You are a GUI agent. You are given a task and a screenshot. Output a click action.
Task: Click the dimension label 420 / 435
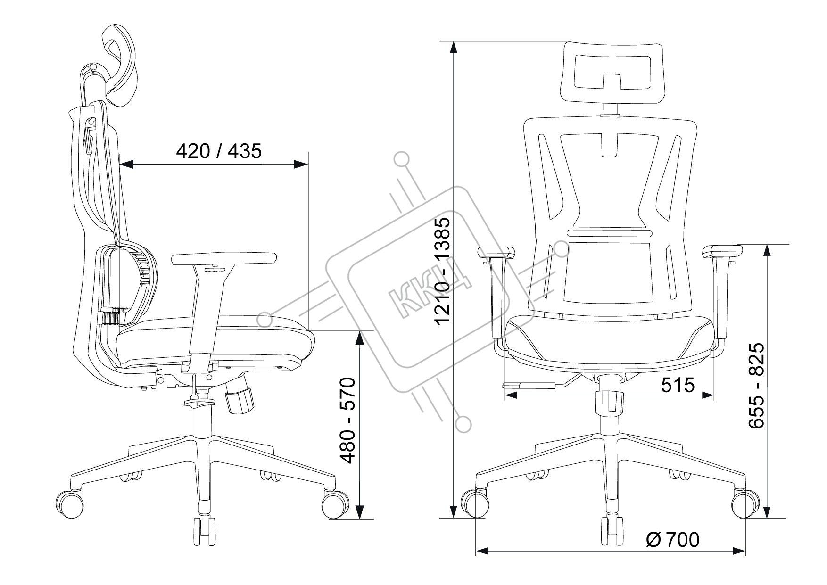pos(218,151)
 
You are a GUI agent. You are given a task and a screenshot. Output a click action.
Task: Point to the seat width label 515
pos(678,385)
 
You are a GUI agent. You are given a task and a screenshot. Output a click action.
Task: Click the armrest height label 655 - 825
pos(757,386)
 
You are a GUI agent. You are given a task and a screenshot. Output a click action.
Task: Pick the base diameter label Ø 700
pos(672,540)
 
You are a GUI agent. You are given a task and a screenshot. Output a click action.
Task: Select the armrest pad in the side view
pos(224,258)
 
